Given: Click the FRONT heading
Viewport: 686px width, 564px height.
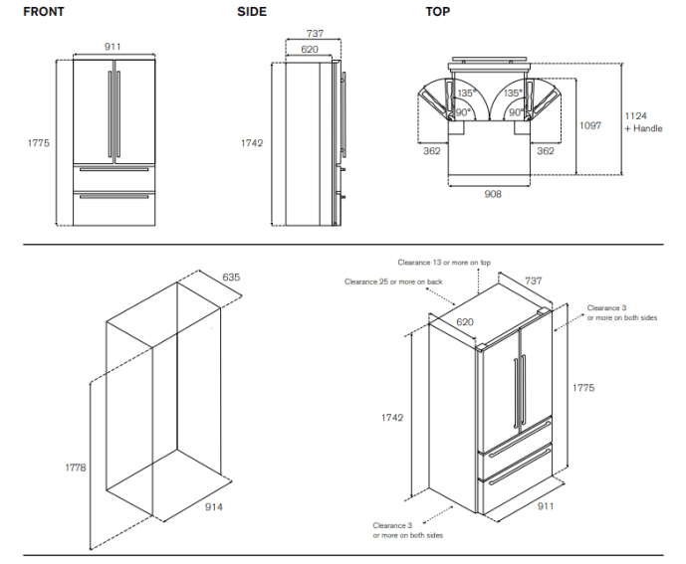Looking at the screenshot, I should click(44, 12).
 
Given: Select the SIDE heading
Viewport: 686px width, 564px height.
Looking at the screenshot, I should click(252, 12).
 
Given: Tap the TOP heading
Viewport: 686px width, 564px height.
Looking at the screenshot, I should click(437, 12).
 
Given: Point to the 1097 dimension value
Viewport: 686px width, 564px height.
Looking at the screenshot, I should click(590, 126).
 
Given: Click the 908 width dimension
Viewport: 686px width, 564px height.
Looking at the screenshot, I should click(492, 193).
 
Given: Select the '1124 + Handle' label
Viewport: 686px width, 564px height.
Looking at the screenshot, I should click(642, 122).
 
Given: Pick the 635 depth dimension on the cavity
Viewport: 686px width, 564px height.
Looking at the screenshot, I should click(230, 277).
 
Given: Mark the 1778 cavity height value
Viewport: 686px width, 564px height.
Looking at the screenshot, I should click(77, 467).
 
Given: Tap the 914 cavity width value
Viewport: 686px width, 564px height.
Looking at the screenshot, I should click(213, 507).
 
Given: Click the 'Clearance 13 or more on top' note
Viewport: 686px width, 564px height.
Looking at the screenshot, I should click(444, 263).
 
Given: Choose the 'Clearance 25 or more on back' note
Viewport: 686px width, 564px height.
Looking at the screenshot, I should click(393, 282).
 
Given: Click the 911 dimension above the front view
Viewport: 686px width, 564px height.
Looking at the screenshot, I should click(114, 46).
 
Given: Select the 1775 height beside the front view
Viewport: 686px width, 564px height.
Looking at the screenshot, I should click(38, 143).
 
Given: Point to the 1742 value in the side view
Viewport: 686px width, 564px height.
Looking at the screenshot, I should click(252, 143).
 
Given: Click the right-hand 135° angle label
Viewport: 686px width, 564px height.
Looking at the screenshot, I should click(513, 94).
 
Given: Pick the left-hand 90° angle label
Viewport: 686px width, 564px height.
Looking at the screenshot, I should click(463, 112).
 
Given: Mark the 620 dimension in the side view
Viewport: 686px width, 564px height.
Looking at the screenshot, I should click(309, 48).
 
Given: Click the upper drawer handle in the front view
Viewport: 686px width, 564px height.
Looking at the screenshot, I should click(114, 169).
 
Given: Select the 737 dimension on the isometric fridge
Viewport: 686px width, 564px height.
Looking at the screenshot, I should click(534, 282).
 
